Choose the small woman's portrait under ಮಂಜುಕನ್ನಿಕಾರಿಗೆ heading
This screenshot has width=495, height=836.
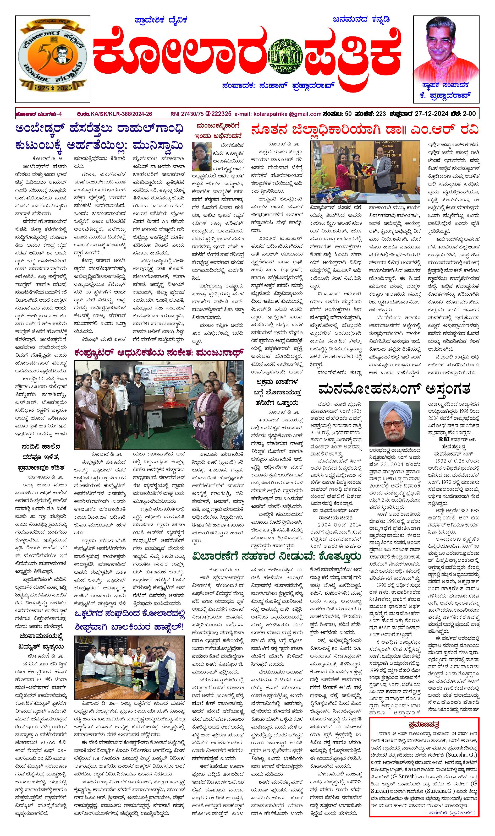tap(201, 157)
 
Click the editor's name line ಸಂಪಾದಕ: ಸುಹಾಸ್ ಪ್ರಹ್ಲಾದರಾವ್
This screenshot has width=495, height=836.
tap(278, 86)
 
